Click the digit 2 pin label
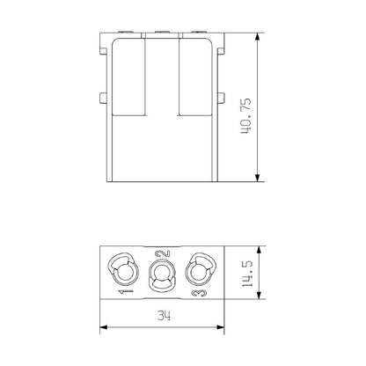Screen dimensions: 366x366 tap(161, 259)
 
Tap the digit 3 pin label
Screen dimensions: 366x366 tap(201, 289)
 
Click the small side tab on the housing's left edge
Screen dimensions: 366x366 tap(102, 96)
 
